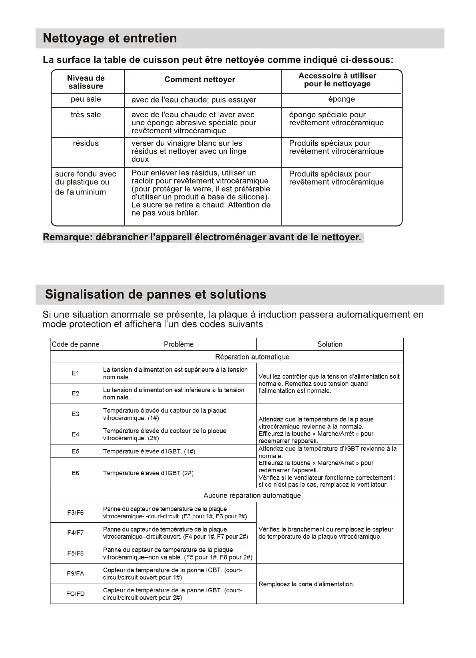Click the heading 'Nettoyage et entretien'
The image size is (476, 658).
pos(110,38)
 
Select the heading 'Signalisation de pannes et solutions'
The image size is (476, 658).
pos(155,295)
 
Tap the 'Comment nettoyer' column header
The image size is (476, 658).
pos(200,80)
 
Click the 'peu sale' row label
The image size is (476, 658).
pos(86,99)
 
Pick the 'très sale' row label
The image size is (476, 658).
pos(86,115)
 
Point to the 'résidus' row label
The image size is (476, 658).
pos(86,143)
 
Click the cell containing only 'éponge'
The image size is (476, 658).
pos(341,99)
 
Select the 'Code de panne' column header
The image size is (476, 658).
pos(76,344)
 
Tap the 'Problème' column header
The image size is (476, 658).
pos(179,344)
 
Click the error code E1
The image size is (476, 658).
pos(76,373)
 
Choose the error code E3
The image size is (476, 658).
pos(76,414)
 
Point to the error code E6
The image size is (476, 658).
pos(76,473)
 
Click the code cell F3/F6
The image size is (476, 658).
pos(76,513)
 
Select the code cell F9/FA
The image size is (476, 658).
pos(76,574)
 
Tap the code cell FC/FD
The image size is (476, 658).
pos(76,594)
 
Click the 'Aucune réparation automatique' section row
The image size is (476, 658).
pos(252,496)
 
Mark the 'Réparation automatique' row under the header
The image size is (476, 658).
pos(252,357)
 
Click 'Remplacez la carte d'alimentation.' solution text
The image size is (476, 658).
pos(307,584)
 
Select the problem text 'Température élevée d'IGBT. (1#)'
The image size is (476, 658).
pos(149,451)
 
